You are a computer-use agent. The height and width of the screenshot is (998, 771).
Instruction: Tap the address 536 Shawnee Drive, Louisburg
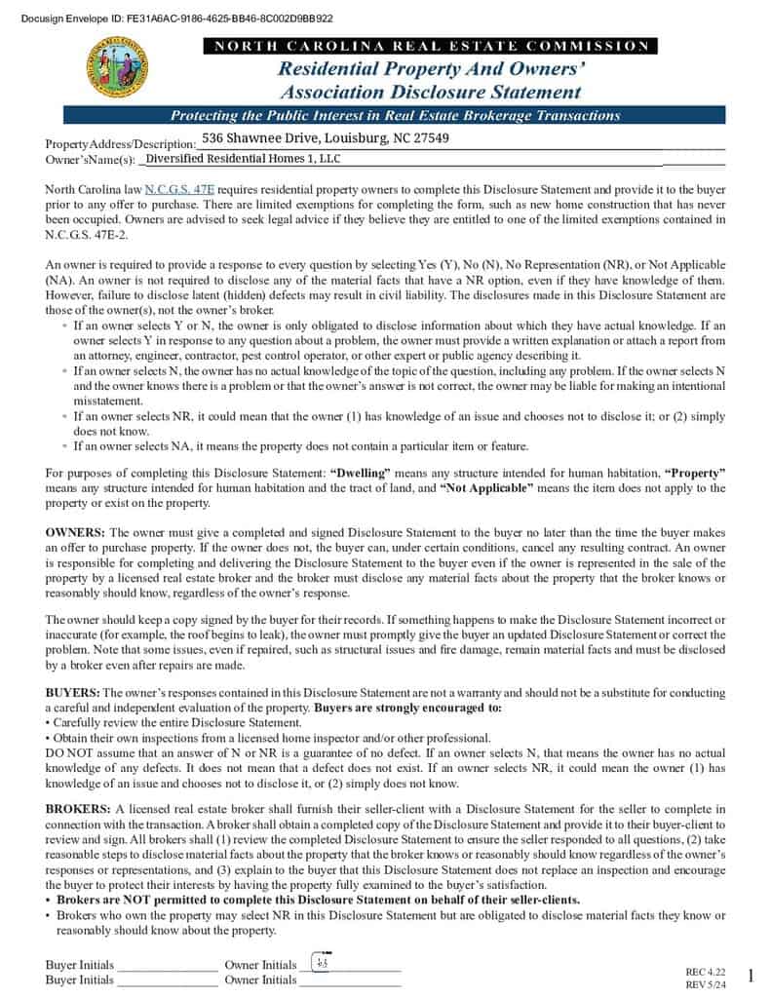326,138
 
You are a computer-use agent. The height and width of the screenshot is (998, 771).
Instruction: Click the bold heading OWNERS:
75,533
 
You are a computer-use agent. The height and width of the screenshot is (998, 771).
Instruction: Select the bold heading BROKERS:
77,809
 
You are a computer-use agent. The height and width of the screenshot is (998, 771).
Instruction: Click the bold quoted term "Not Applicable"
486,487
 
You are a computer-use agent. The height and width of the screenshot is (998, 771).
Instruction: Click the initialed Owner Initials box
323,964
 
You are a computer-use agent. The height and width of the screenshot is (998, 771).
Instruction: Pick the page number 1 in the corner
751,976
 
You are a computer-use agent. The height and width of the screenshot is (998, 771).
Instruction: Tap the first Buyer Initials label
79,965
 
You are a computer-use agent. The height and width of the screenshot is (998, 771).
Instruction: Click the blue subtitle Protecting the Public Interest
395,115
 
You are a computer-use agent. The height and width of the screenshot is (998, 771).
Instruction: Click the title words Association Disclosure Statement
430,93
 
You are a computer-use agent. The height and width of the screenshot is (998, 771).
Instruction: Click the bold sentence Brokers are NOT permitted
318,900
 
